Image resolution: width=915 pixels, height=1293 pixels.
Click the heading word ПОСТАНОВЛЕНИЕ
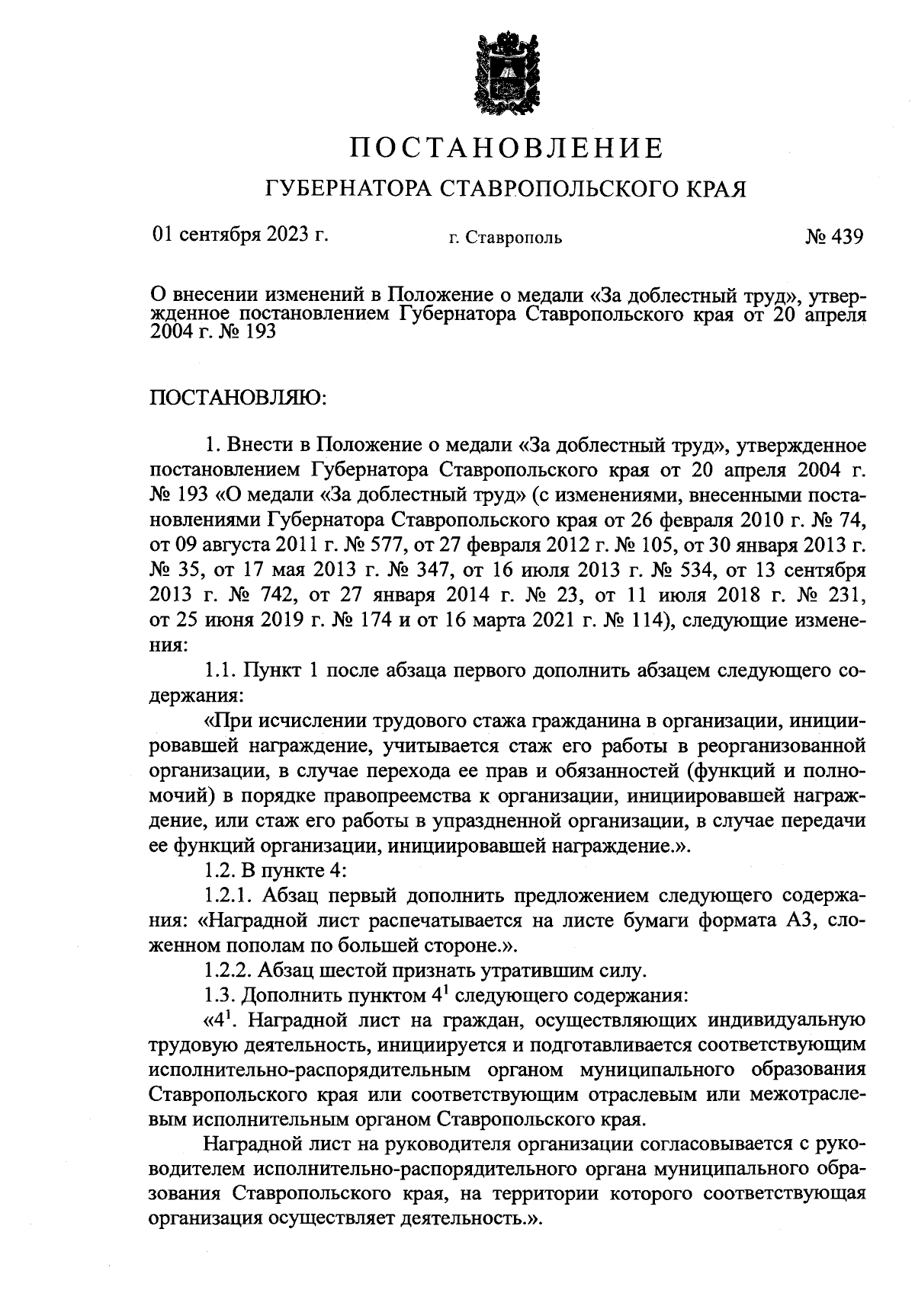click(506, 147)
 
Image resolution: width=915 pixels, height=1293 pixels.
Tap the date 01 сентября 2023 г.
click(240, 235)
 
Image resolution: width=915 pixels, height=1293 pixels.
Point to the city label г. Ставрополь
click(506, 238)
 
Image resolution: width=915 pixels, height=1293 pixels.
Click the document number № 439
click(833, 236)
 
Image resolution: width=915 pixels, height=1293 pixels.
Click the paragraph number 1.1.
click(223, 671)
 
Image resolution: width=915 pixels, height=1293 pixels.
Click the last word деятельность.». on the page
click(470, 1218)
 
